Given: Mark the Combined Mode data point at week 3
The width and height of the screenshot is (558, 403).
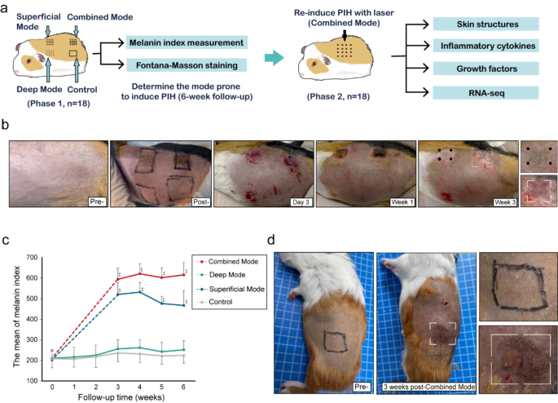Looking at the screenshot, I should point(119,280).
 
